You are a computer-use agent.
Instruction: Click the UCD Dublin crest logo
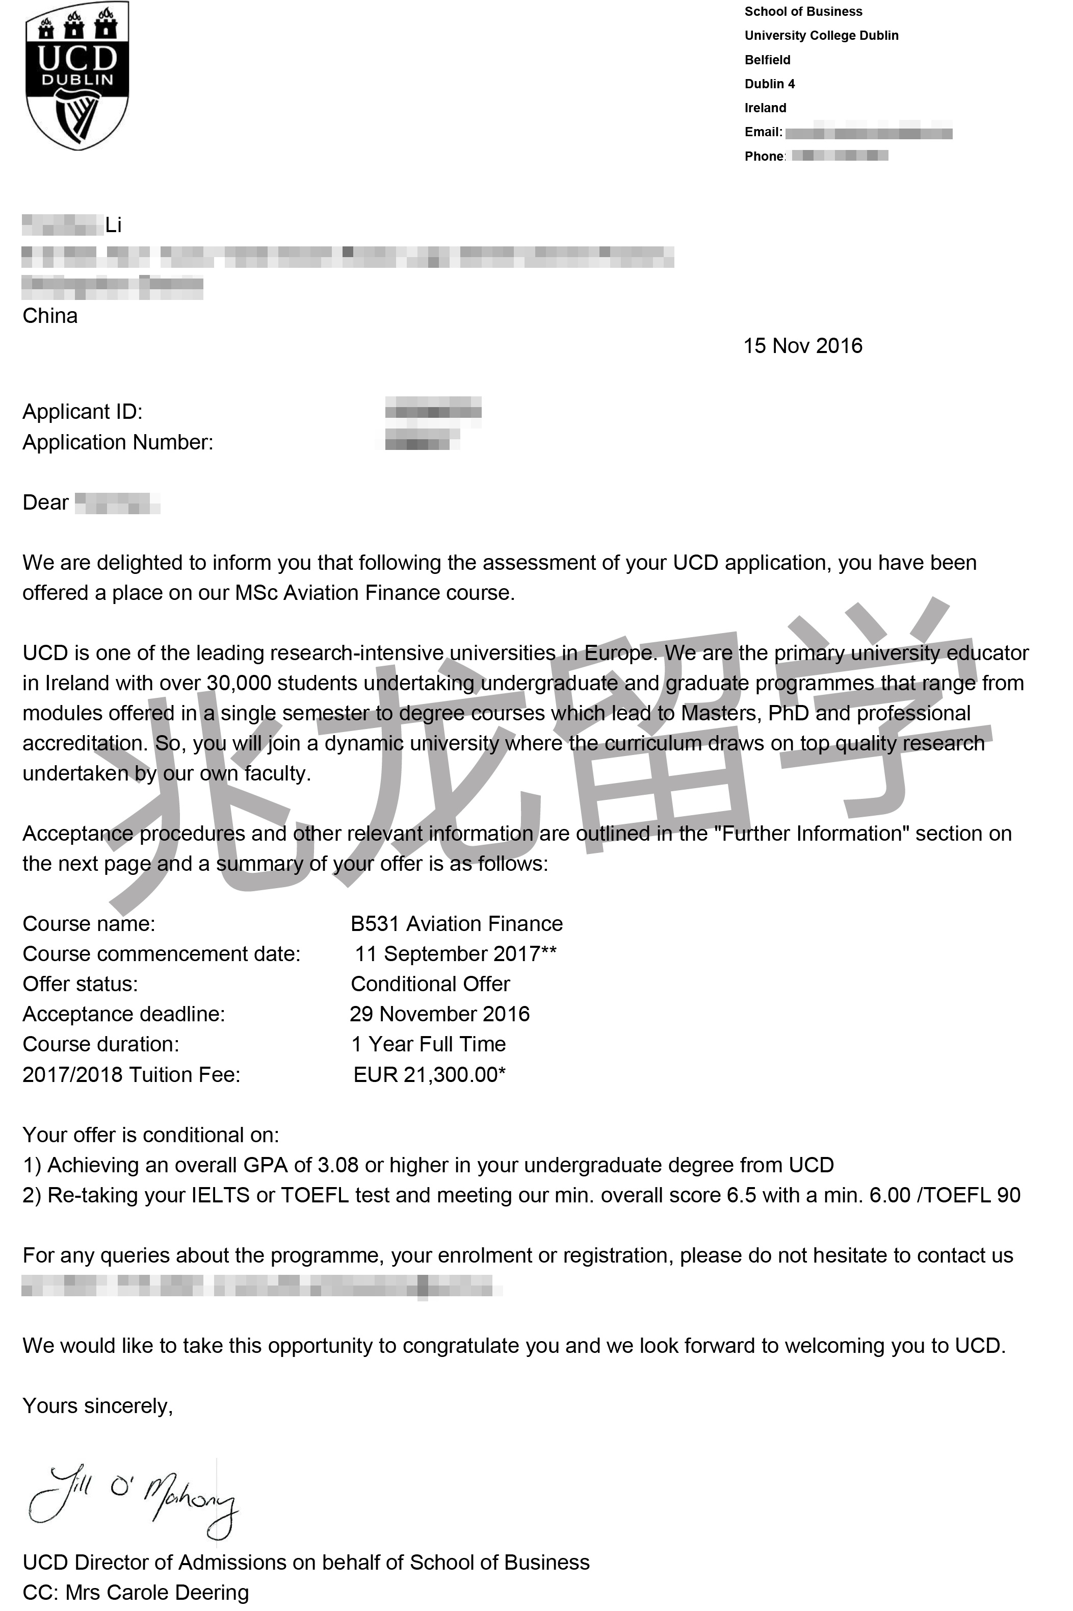(x=76, y=75)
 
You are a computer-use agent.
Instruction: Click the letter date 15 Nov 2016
(x=803, y=346)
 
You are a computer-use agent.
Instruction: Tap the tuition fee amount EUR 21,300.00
(x=429, y=1074)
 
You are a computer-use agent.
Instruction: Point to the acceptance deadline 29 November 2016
(x=440, y=1014)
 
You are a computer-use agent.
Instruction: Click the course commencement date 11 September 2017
(x=455, y=954)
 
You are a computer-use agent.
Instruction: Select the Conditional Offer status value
(x=430, y=984)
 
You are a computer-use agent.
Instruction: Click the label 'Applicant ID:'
(x=83, y=412)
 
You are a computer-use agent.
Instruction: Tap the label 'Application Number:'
(x=118, y=442)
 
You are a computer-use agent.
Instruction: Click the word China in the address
(x=50, y=316)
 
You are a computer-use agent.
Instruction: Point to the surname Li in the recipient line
(x=114, y=225)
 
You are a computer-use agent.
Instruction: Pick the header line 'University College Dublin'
(x=821, y=36)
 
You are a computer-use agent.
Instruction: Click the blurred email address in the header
(x=869, y=133)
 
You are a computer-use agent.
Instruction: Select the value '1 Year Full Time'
(x=428, y=1044)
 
